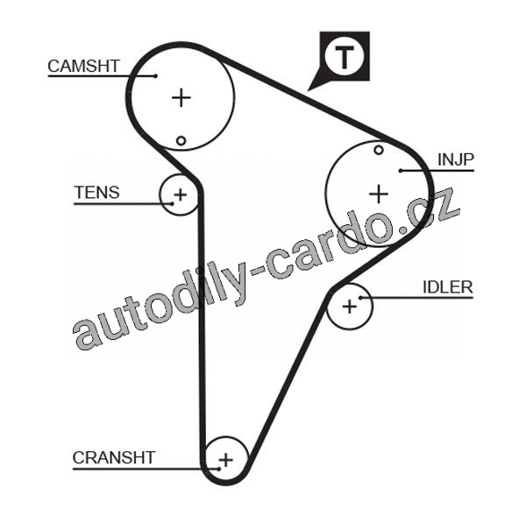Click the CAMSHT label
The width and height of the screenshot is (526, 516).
coord(83,66)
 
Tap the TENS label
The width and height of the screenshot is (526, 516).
coord(97,193)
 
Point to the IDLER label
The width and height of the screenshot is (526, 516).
coord(447,286)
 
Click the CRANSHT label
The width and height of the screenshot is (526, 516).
coord(114,457)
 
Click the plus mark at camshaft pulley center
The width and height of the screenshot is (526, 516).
coord(181,97)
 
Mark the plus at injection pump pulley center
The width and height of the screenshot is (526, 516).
coord(378,193)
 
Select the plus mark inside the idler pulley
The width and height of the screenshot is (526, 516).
coord(350,306)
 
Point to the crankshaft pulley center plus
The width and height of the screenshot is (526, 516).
coord(225,458)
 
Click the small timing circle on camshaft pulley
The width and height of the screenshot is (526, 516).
coord(181,140)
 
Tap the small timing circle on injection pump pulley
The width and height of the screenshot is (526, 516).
coord(379,150)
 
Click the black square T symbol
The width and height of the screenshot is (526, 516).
coord(344,58)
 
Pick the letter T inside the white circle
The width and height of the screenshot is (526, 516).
coord(345,57)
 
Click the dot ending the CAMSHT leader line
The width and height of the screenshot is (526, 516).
coord(156,75)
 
